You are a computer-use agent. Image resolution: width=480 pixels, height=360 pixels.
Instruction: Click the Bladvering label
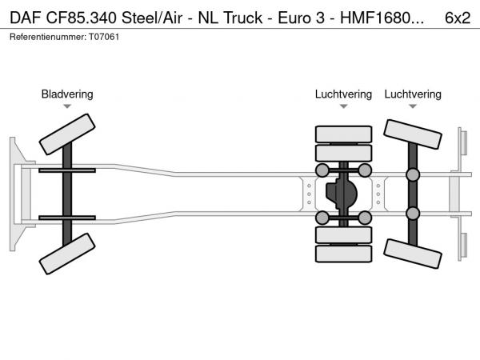coord(67,94)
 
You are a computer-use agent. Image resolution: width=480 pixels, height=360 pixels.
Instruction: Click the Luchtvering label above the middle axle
coord(343,94)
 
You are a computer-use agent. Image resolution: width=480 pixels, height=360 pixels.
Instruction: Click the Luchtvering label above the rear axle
coord(413,94)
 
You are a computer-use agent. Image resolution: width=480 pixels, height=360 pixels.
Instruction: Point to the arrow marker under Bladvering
coord(67,106)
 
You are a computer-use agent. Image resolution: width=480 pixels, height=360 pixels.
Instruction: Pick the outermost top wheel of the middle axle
coord(343,134)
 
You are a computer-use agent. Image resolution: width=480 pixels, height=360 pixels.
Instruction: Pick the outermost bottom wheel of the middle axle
coord(343,254)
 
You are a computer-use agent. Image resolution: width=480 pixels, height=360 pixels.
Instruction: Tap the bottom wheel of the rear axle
coord(414,252)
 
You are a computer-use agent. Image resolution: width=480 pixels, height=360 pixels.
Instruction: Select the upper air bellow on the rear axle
coord(414,174)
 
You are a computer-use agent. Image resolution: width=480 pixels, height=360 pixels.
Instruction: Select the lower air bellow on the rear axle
coord(414,213)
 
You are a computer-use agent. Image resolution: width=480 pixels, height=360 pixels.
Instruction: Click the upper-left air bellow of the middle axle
coord(322,170)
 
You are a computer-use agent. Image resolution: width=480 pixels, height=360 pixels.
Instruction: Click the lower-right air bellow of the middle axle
coord(365,218)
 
